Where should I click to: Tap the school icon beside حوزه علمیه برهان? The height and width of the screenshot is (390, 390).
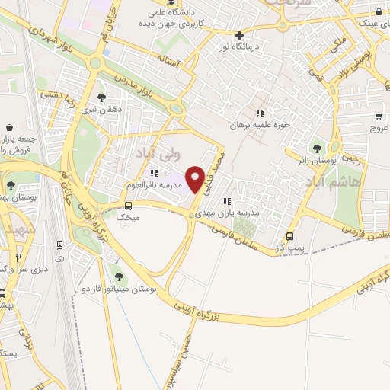pos(260,113)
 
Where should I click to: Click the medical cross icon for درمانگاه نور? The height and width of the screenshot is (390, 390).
pos(239,35)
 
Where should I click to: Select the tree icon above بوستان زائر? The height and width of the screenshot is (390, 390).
pos(317,148)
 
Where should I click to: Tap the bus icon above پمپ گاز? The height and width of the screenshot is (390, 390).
pos(289,236)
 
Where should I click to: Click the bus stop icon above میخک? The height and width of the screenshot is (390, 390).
pos(127,205)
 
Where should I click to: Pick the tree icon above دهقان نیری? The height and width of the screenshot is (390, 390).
pos(102,97)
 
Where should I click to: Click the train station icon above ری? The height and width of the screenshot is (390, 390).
pos(59,245)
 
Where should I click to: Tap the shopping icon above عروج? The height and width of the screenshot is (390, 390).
pos(378,117)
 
